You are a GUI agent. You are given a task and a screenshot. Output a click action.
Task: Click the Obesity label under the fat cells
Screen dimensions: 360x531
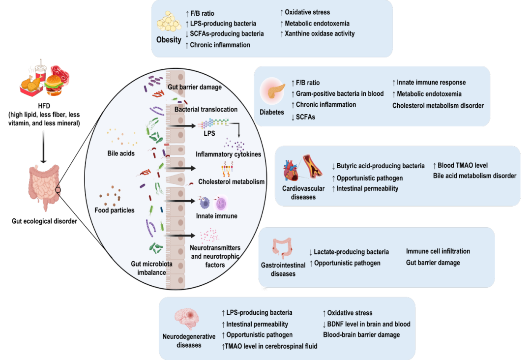169,40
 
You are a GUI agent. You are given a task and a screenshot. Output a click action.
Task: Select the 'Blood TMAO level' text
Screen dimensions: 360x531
460,165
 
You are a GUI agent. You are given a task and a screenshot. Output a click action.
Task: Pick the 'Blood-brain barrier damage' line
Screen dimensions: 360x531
361,335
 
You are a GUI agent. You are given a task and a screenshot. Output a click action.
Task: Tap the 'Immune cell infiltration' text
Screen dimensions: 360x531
438,251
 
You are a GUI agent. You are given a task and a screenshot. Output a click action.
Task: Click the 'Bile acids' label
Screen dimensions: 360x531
121,153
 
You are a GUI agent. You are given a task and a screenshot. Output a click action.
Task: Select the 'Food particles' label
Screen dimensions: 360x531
115,210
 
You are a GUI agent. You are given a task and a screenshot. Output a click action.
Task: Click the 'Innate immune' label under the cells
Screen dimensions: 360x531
217,216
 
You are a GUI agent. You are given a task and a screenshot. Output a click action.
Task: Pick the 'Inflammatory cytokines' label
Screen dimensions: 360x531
228,154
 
